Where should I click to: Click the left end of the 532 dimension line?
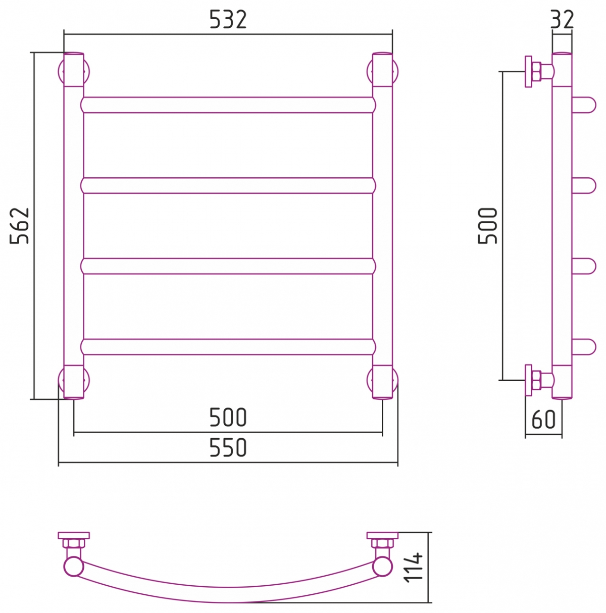point(64,34)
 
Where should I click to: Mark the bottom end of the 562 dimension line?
point(34,399)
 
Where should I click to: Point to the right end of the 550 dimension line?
point(398,462)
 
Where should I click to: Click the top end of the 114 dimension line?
point(428,532)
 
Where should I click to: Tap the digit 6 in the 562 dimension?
point(19,226)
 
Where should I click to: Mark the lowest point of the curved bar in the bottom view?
point(228,602)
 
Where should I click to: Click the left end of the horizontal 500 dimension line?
point(74,432)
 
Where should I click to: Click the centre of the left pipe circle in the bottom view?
point(74,567)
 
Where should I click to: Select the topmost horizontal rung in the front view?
point(228,105)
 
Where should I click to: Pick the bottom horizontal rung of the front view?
point(228,347)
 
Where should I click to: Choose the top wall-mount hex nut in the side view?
point(536,72)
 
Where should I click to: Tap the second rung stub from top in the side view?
point(584,185)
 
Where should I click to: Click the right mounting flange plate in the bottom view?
point(382,535)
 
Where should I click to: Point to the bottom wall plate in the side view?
point(528,380)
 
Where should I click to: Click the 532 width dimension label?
point(228,20)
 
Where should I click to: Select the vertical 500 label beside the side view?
point(487,226)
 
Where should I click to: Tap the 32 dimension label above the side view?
point(562,20)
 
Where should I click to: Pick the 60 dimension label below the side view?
point(543,419)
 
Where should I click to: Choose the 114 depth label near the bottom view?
point(414,568)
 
